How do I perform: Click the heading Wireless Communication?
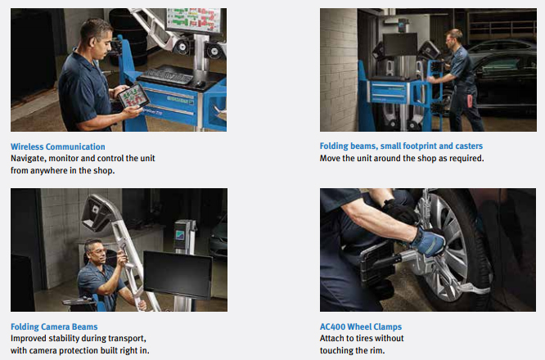point(58,146)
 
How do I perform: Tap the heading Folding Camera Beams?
point(54,326)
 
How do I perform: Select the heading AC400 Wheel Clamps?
point(360,326)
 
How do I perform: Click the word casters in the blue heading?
point(469,146)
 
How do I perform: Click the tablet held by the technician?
point(134,96)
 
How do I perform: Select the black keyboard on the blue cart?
point(168,75)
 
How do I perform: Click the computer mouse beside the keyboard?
point(200,83)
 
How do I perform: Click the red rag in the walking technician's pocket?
point(470,101)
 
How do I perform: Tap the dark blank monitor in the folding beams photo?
point(400,44)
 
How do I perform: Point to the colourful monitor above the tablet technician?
point(194,20)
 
